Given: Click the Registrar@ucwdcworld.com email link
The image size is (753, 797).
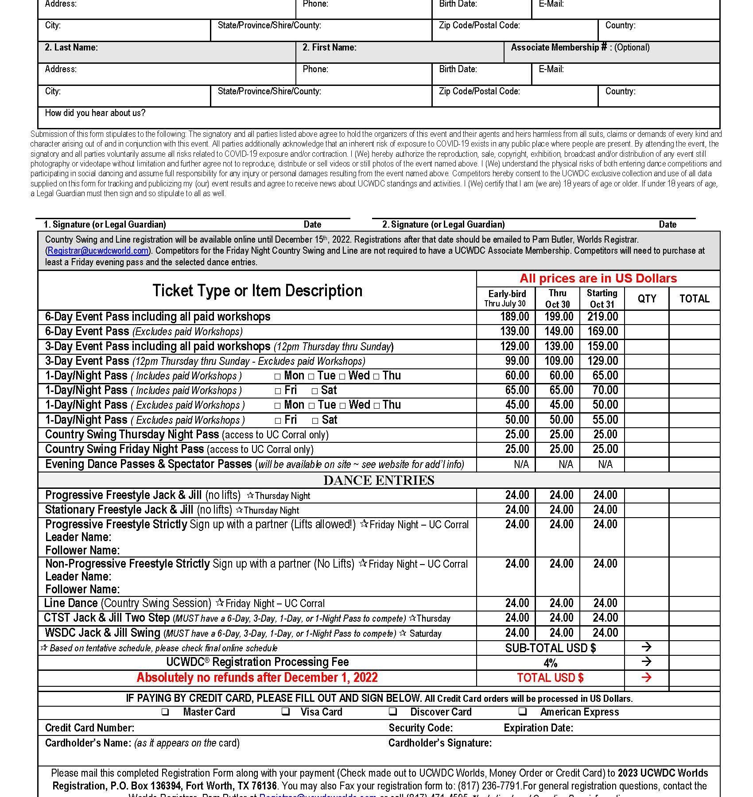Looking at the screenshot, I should point(98,251).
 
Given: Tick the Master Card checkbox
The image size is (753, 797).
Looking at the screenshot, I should point(165,712).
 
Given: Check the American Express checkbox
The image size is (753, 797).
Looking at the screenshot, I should point(523,712).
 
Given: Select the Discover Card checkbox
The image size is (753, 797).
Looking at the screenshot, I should point(392,712).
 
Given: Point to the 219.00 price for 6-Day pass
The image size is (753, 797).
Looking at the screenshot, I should point(602,317).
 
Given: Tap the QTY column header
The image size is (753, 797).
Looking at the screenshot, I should point(647,298).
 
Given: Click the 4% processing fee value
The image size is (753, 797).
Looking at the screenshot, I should point(550,663).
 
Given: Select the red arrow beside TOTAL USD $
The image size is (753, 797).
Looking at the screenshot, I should point(646,677).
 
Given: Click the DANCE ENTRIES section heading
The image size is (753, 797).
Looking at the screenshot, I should point(379,480).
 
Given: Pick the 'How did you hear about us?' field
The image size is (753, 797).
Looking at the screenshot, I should point(95,113).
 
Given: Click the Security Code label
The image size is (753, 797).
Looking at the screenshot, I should point(420,728).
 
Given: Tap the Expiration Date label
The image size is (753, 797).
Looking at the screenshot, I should point(538,728).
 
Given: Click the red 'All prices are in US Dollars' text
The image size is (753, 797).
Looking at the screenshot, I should point(598,279).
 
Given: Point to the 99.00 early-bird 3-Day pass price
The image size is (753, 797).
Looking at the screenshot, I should point(517,361).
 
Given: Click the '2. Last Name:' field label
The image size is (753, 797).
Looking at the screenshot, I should point(71,47).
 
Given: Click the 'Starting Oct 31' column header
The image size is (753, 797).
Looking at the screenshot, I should point(602,298).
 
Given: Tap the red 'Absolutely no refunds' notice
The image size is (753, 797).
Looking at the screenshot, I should point(257,677).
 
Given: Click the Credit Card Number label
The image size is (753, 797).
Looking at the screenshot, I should point(89,728).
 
